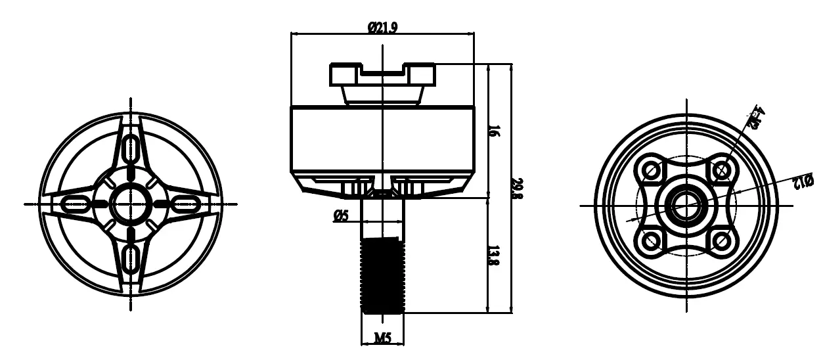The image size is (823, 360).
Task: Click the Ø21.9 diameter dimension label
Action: [383, 27]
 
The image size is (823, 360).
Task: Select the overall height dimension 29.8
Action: [517, 188]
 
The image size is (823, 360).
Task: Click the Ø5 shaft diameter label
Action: [341, 215]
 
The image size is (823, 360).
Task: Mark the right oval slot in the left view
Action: [185, 204]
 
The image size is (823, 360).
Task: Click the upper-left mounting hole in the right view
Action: [652, 170]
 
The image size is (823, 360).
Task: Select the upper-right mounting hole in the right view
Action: [721, 170]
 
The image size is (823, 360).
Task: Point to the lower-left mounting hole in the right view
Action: [652, 240]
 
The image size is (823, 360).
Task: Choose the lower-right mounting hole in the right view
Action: [721, 240]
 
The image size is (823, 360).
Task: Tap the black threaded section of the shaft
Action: [383, 275]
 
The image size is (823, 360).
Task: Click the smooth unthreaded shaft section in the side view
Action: [383, 217]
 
